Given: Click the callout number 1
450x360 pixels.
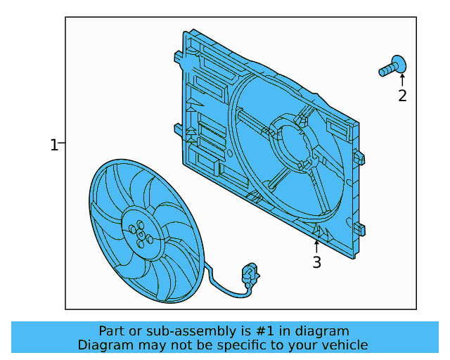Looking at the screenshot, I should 53,145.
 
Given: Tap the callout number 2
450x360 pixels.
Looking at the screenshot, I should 402,96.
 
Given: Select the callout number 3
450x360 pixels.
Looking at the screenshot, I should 317,263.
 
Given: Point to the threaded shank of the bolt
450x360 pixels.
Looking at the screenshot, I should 386,70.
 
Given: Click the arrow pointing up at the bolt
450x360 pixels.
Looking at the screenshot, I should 402,81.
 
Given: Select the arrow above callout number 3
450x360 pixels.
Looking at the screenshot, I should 317,246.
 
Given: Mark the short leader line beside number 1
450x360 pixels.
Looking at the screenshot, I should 62,143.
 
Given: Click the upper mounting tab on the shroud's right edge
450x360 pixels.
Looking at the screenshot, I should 359,157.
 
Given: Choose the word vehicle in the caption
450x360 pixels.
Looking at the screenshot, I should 344,345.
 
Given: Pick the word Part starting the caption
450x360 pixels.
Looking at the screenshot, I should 112,330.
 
